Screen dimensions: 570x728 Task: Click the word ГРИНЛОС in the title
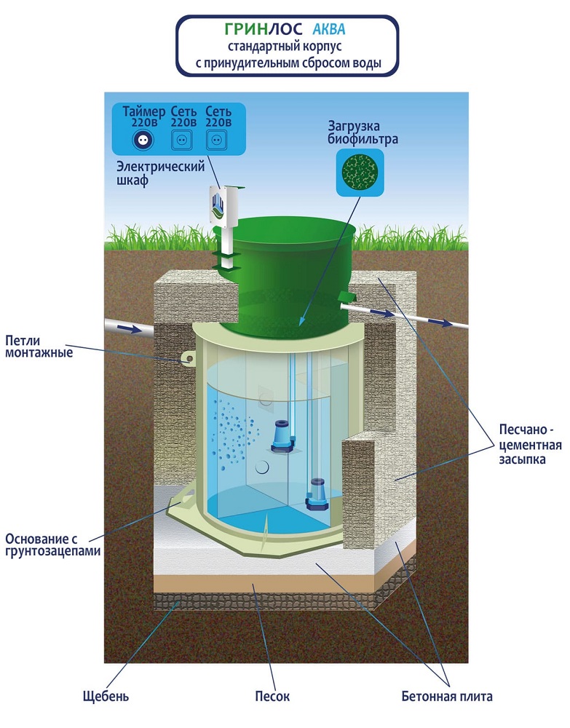point(264,29)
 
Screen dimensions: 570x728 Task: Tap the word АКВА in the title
point(328,29)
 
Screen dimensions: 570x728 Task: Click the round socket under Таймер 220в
point(143,140)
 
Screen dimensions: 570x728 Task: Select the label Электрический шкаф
point(160,173)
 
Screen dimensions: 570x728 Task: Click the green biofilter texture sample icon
point(360,173)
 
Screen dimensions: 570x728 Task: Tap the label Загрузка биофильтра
point(363,132)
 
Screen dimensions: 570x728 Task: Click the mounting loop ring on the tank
point(189,358)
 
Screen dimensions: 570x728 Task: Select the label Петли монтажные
point(39,347)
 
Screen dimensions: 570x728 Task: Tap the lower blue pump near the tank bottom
point(317,494)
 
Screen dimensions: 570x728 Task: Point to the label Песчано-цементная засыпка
point(530,444)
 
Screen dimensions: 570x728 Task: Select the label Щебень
point(106,697)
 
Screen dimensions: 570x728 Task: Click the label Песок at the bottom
point(272,696)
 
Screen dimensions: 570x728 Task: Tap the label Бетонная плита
point(447,696)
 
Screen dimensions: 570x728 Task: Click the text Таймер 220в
point(144,117)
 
